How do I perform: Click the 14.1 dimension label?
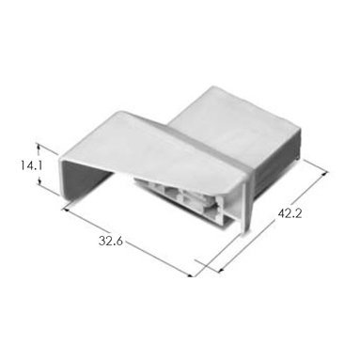32,165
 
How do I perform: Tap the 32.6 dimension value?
111,241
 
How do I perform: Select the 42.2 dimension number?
290,213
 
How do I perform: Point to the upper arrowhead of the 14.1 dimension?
39,147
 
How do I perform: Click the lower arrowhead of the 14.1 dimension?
39,182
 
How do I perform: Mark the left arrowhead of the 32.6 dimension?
66,209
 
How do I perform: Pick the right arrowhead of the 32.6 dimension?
191,275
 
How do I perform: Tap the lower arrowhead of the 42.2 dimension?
221,269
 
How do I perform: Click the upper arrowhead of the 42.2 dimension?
324,173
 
